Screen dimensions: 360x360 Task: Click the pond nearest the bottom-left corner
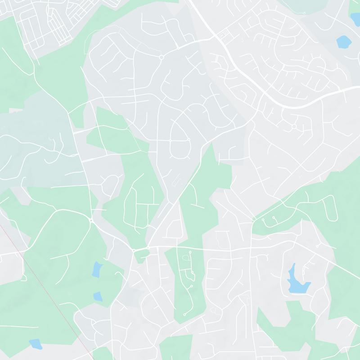[35, 344]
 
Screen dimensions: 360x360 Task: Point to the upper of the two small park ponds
[97, 270]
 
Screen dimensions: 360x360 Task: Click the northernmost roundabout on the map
[161, 57]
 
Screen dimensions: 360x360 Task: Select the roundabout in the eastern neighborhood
[294, 127]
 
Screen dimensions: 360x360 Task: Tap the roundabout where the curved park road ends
[91, 220]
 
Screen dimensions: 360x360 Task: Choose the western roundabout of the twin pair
[134, 250]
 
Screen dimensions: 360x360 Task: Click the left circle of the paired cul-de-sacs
[263, 220]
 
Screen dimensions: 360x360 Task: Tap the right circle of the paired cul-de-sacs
[274, 218]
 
